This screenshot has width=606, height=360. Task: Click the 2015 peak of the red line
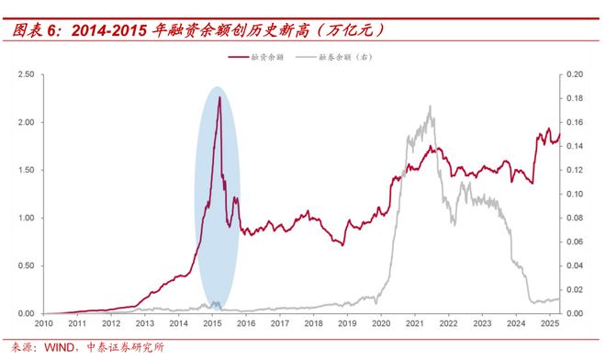pos(219,96)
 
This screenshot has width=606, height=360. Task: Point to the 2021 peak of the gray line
pos(430,107)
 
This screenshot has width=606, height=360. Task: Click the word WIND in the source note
pos(62,348)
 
